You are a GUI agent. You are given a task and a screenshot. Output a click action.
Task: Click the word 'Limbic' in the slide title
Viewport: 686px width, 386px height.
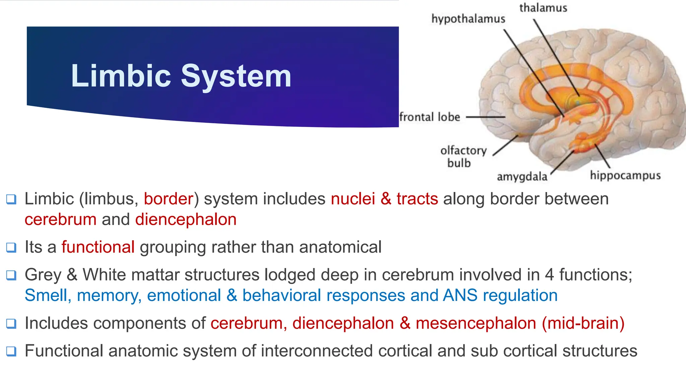coord(121,76)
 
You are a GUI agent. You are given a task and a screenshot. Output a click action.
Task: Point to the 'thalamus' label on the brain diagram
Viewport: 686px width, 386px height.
coord(543,8)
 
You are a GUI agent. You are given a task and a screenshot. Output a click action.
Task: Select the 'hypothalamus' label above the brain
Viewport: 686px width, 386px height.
coord(468,19)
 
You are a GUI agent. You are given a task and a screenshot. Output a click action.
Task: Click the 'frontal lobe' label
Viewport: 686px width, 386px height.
coord(430,117)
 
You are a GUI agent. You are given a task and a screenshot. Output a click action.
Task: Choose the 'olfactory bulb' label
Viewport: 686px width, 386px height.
coord(463,156)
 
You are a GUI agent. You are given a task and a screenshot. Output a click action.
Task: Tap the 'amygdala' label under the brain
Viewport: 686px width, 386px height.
coord(522,177)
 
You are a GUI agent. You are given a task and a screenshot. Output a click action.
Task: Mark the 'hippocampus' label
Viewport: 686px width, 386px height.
coord(625,175)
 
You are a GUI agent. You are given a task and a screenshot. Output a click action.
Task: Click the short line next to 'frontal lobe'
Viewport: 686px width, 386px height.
coord(486,117)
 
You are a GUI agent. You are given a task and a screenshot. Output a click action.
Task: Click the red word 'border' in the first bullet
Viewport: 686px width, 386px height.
coord(168,199)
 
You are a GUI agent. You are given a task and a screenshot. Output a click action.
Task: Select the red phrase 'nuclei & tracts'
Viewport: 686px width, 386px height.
coord(384,199)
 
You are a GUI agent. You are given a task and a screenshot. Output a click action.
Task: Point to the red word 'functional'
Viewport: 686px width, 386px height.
coord(98,247)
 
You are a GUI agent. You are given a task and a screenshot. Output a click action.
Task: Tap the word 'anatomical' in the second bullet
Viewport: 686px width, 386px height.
coord(340,247)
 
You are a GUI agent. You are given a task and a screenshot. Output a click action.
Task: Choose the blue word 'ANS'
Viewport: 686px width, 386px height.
coord(460,296)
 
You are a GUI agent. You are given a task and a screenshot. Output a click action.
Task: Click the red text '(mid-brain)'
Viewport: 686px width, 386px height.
coord(583,323)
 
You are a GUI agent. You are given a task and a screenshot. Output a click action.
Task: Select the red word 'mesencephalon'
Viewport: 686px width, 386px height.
coord(476,323)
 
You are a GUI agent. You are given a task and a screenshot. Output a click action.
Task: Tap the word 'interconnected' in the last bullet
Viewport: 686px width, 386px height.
coord(317,351)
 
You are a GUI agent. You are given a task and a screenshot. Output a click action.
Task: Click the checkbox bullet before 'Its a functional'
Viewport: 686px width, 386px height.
coord(11,248)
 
